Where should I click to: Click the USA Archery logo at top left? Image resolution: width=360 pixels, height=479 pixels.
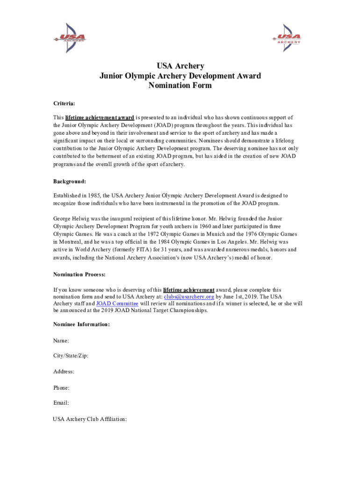click(70, 37)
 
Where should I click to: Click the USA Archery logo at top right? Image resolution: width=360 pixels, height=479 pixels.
click(286, 37)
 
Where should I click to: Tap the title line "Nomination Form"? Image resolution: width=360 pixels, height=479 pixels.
click(180, 86)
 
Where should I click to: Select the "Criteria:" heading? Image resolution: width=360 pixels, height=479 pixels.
click(64, 103)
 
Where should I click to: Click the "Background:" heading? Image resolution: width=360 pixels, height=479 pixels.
click(70, 181)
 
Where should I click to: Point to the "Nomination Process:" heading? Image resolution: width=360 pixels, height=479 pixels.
click(79, 274)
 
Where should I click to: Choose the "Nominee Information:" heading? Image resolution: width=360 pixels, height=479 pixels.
click(82, 324)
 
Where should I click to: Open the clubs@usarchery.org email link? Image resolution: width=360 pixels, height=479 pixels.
click(189, 297)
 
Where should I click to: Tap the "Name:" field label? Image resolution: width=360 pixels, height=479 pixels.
click(61, 341)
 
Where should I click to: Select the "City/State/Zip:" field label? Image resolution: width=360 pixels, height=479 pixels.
click(71, 356)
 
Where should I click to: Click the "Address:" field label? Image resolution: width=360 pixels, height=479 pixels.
click(64, 371)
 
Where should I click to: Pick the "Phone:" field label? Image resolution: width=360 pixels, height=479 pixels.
click(62, 387)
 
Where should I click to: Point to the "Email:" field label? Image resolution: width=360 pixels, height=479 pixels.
click(61, 402)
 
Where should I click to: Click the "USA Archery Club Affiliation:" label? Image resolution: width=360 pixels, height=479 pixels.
click(90, 419)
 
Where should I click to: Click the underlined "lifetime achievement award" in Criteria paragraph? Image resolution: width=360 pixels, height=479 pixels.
click(100, 117)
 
